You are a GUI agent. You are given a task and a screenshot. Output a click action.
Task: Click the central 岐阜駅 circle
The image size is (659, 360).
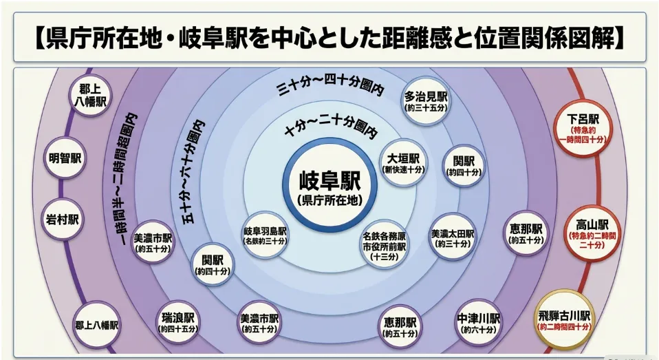pyautogui.click(x=330, y=185)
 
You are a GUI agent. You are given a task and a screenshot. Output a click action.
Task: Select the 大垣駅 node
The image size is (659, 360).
pyautogui.click(x=404, y=162)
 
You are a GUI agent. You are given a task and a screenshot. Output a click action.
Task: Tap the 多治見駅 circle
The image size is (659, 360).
pyautogui.click(x=425, y=101)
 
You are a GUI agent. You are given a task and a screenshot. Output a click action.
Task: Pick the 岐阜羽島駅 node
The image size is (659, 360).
pyautogui.click(x=266, y=235)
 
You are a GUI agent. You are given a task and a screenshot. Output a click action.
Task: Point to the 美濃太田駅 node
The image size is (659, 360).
pyautogui.click(x=452, y=237)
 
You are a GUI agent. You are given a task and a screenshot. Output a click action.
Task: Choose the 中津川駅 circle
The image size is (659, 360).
pyautogui.click(x=478, y=323)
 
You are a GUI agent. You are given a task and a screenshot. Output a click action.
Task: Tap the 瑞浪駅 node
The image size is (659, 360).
pyautogui.click(x=177, y=322)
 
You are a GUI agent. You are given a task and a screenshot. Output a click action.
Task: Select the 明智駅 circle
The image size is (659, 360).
pyautogui.click(x=65, y=158)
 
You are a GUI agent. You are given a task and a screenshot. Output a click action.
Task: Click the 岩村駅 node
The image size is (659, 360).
pyautogui.click(x=62, y=220)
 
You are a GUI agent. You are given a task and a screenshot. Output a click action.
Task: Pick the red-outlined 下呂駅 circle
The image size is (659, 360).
pyautogui.click(x=583, y=128)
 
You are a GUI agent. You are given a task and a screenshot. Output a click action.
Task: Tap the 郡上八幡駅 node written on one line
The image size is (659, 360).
pyautogui.click(x=96, y=325)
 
